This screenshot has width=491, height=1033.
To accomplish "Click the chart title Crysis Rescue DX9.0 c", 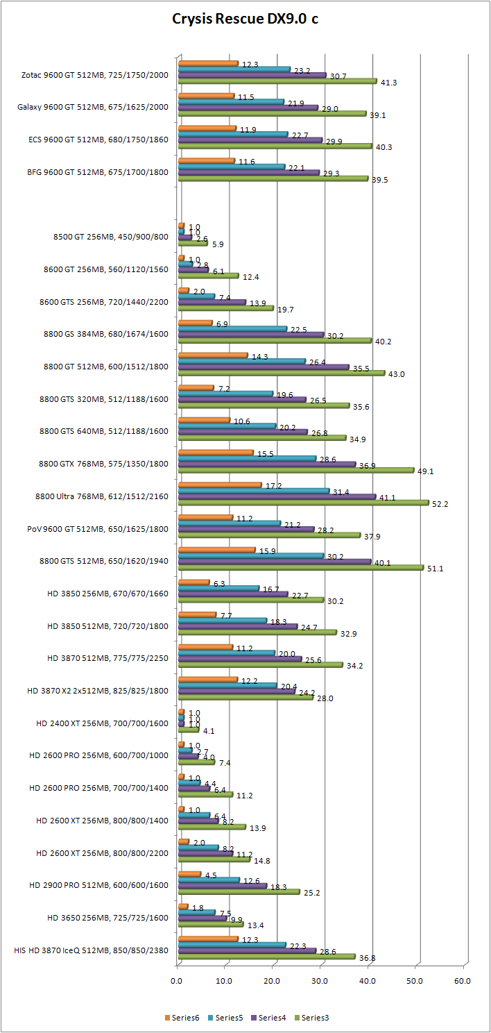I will (245, 19).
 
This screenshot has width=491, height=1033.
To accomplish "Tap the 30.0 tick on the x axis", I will (320, 980).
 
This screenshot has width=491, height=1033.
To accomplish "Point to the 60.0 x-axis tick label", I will (462, 980).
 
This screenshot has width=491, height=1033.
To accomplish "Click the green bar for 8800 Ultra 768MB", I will (304, 503).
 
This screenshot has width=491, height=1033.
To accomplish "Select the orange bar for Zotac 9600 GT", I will (208, 64).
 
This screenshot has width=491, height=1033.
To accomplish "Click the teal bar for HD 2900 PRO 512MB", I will (209, 880).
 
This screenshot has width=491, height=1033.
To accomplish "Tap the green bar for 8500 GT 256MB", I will (193, 243).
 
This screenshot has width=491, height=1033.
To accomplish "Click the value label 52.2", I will (440, 504).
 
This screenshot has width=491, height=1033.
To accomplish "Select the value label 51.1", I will (435, 568).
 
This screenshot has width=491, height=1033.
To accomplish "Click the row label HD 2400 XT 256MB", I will (102, 723).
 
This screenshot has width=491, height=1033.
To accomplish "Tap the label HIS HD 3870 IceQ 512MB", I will (91, 950).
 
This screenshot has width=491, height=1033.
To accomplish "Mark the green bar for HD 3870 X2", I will (245, 696).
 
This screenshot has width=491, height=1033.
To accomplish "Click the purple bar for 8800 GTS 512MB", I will (275, 560).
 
